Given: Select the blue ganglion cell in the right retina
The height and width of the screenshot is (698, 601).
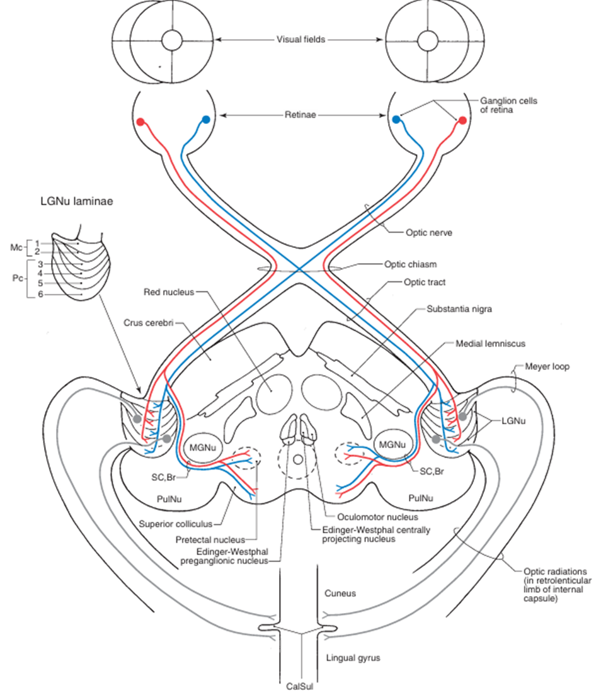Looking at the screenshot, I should coord(396,119).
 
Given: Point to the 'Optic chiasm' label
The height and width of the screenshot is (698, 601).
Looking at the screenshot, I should coord(410,264).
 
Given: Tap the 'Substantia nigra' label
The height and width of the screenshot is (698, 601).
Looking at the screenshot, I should coord(459,309).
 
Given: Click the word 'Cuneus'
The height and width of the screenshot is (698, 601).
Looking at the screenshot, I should coord(340,593).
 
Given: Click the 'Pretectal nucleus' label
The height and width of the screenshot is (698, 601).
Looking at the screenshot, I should coord(215,539).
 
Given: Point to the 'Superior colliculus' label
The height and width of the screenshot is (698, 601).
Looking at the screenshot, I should coord(176,523).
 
